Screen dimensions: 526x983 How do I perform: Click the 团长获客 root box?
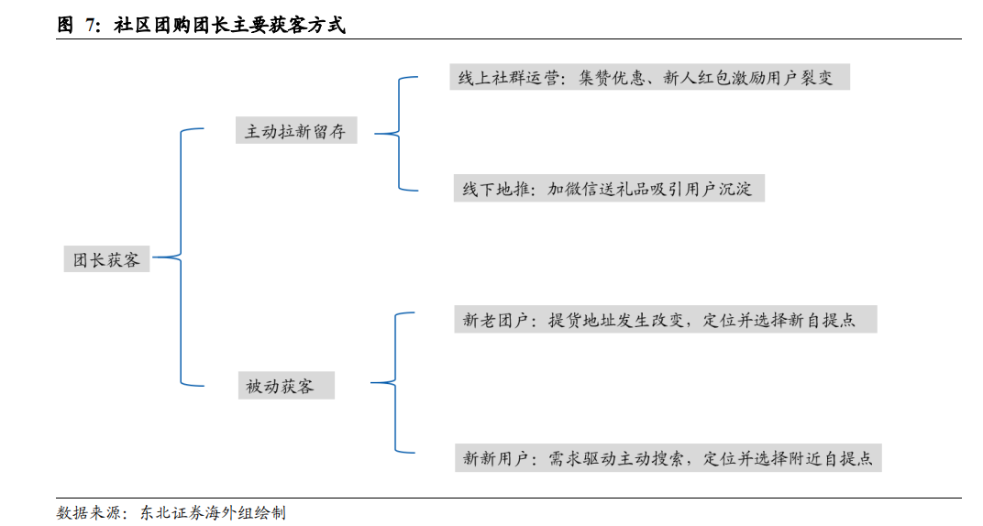(106, 259)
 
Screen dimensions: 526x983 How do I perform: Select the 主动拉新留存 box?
(295, 131)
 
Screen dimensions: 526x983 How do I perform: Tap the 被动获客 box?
(281, 386)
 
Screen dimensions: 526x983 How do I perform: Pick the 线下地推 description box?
(608, 190)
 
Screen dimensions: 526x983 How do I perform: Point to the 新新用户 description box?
(668, 458)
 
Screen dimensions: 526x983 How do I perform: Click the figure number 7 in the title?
(90, 26)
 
